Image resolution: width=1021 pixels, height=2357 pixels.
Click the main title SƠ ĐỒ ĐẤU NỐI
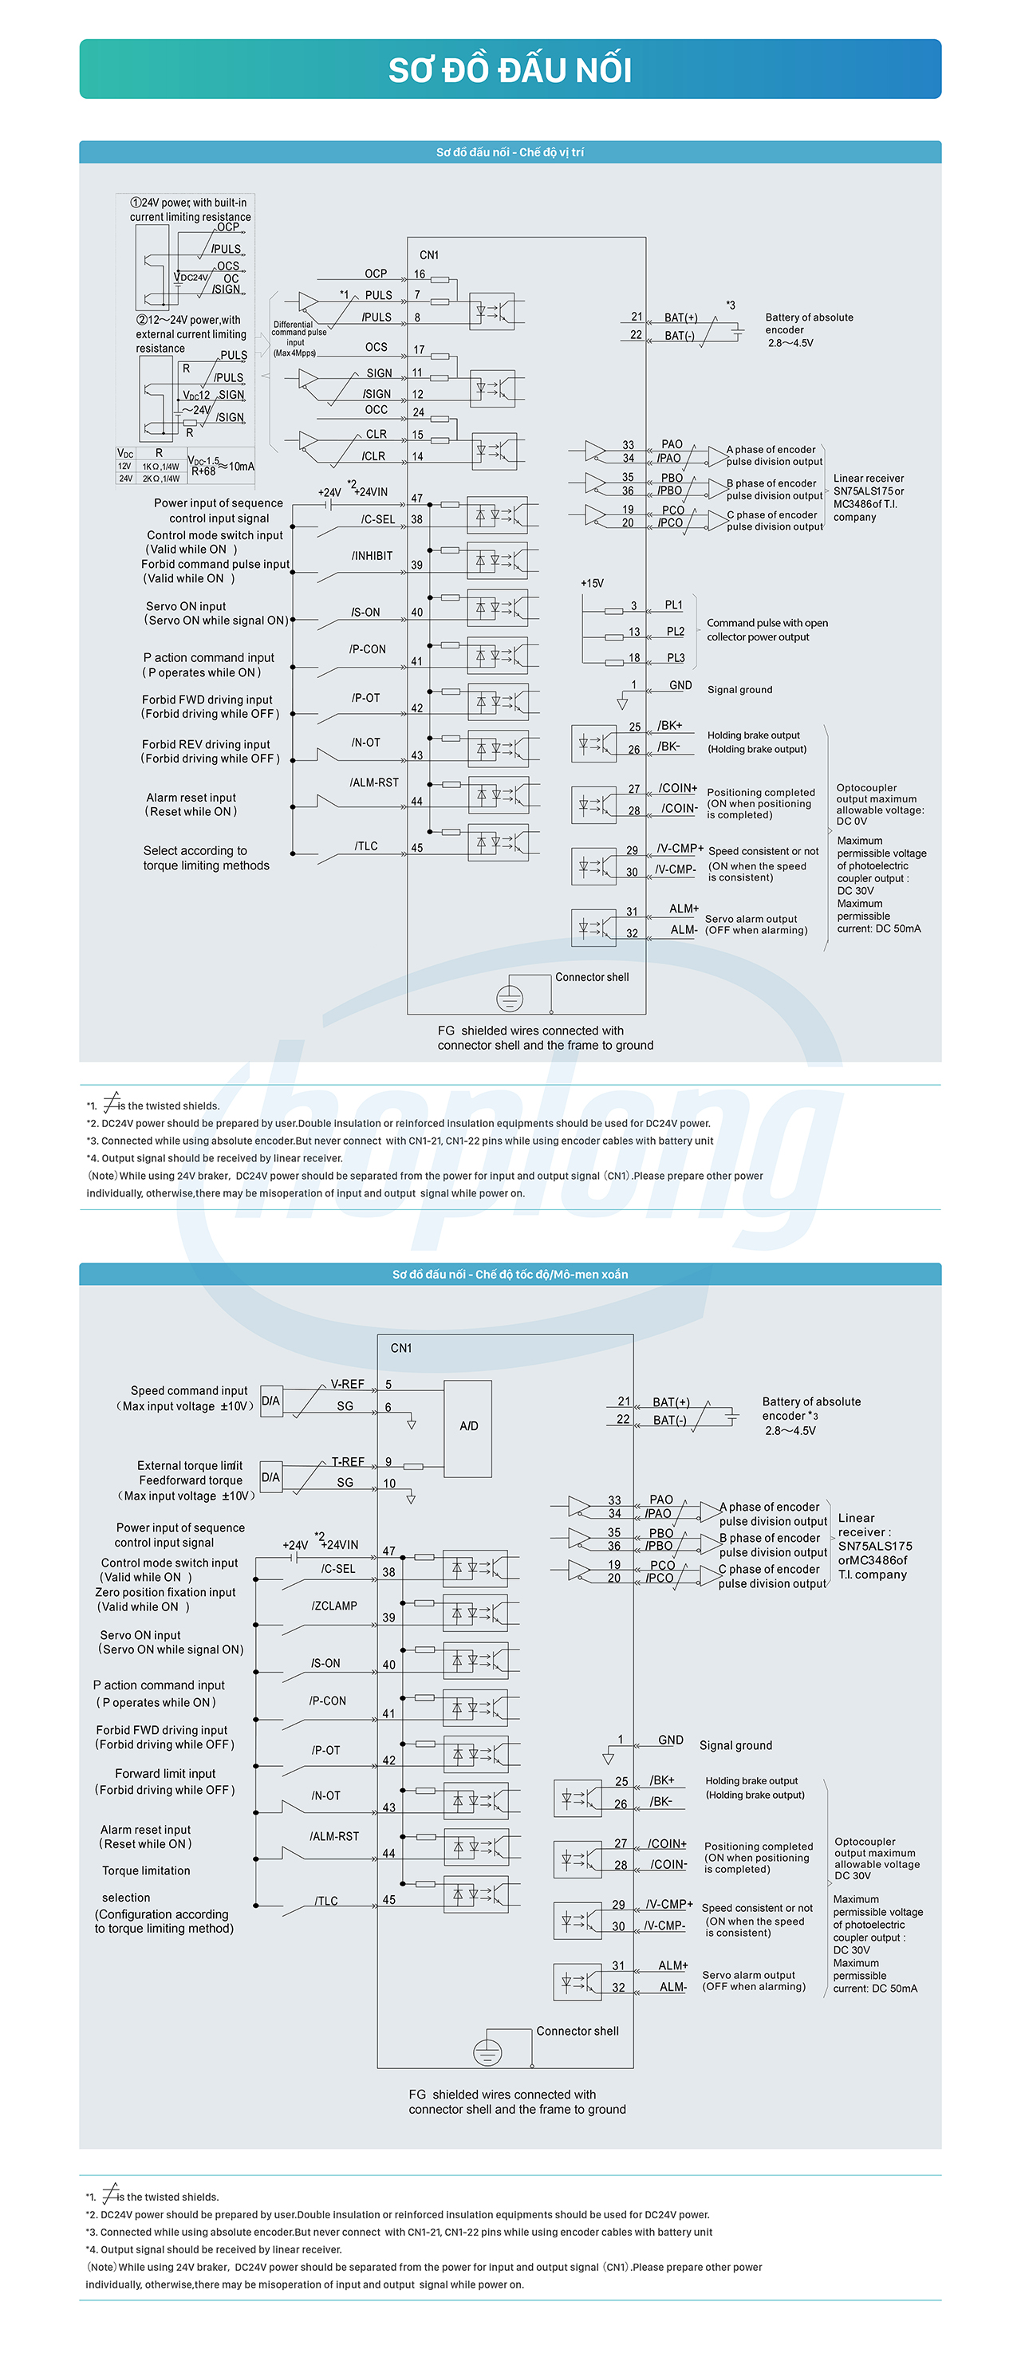510,69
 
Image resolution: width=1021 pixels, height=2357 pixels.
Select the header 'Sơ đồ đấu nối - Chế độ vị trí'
510,152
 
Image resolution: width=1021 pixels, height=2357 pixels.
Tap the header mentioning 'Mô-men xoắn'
510,1274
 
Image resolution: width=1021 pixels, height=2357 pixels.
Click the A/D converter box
468,1426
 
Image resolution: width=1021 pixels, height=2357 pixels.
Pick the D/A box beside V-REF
270,1401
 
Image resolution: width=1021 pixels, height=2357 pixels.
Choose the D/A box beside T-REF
270,1476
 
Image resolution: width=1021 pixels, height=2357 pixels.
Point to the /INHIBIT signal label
372,555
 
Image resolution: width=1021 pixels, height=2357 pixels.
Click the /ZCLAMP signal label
334,1606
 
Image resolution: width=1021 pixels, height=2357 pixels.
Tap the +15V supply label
592,583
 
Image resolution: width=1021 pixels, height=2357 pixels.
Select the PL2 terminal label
675,632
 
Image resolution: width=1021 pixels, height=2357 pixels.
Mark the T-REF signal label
348,1461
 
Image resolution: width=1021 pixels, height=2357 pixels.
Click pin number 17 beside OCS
419,349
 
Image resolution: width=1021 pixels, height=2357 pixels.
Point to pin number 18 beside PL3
634,658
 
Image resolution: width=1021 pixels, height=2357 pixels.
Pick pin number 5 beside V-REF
388,1385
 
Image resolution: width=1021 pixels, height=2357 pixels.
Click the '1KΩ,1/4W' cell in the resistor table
160,467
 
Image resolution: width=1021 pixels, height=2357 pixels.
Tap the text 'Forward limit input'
166,1773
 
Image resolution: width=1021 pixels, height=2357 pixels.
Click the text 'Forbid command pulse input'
215,565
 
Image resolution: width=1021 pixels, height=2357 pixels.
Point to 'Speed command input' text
189,1391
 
